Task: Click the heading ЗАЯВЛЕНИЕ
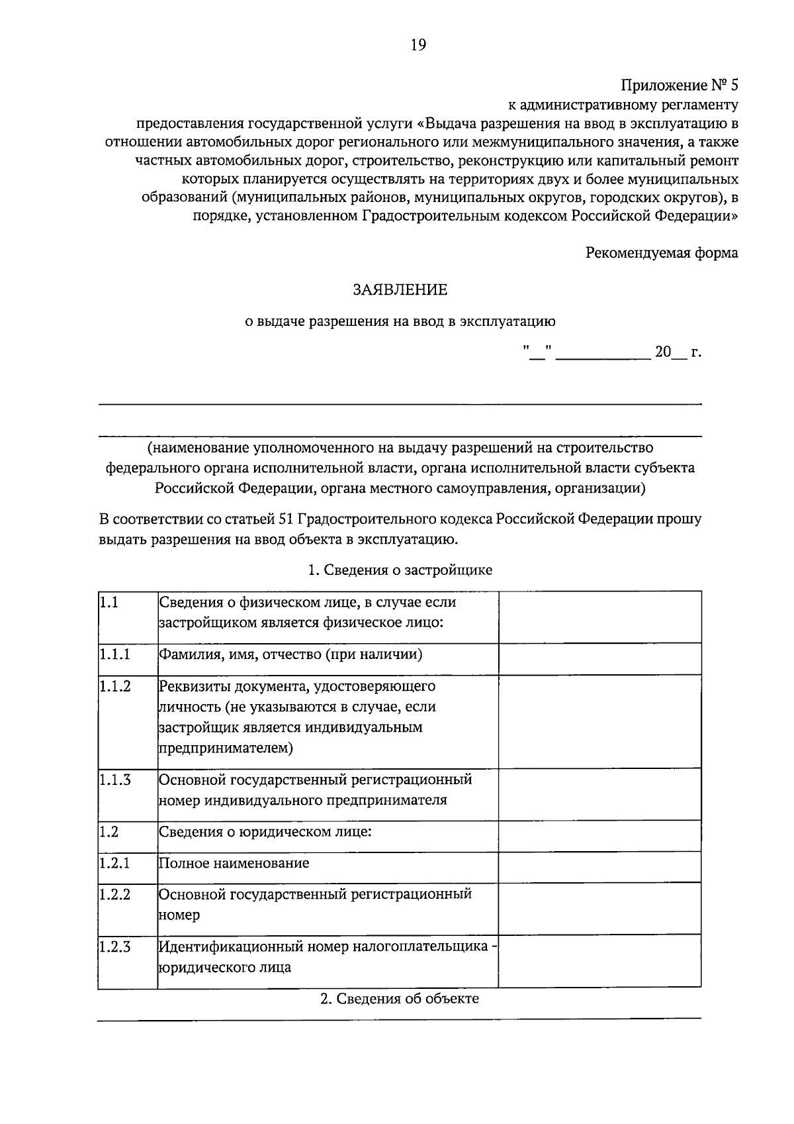coord(400,289)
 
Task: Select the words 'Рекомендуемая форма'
coord(662,253)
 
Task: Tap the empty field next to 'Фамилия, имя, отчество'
coord(599,658)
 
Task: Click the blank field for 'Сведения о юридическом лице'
coord(599,836)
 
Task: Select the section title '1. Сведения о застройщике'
coord(400,570)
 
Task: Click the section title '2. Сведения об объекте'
coord(400,999)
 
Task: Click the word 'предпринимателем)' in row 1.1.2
coord(226,748)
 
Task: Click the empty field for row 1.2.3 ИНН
coord(599,960)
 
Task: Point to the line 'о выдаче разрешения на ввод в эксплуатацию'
coord(400,322)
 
